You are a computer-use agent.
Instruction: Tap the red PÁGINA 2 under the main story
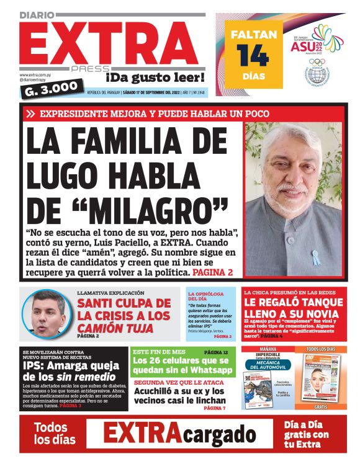(212, 272)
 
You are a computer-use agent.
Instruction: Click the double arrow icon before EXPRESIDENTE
(30, 114)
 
